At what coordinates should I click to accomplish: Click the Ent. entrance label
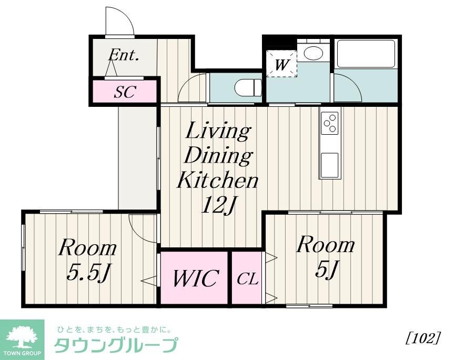click(124, 56)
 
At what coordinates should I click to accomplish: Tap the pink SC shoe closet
click(125, 92)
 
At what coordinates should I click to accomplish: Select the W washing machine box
click(282, 64)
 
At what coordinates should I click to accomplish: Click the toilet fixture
click(247, 87)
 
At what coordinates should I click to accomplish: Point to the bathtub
click(366, 54)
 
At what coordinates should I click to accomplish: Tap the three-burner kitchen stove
click(330, 124)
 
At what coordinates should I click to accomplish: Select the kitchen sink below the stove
click(330, 165)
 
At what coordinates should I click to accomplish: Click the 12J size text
click(217, 206)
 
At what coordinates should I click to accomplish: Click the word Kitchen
click(217, 181)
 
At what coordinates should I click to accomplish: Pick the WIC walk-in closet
click(194, 278)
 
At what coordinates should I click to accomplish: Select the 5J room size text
click(326, 269)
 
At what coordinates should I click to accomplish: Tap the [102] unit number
click(422, 338)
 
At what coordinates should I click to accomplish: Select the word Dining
click(219, 156)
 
